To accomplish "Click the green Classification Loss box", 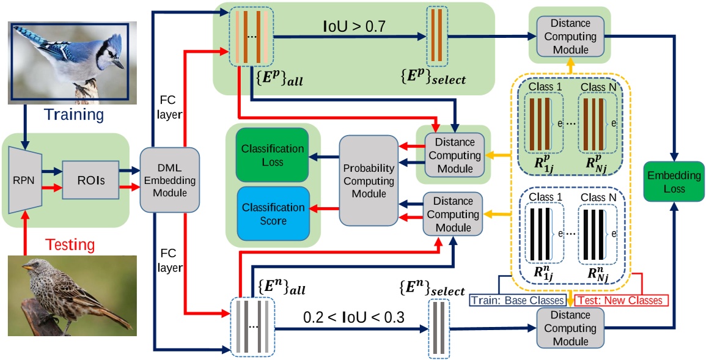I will [x=272, y=155].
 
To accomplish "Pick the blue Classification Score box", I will [x=272, y=213].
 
